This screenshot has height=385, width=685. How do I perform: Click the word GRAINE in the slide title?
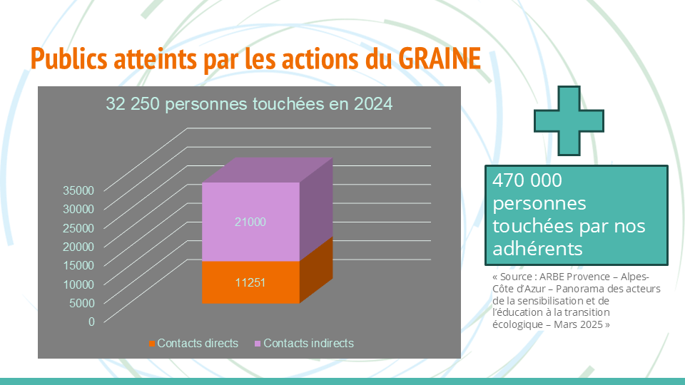pyautogui.click(x=440, y=58)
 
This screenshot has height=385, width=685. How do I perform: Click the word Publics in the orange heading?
pyautogui.click(x=68, y=58)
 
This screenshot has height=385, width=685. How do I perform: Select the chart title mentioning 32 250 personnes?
pyautogui.click(x=249, y=104)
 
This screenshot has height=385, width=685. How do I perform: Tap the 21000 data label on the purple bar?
pyautogui.click(x=250, y=222)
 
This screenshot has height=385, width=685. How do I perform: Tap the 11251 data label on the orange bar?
pyautogui.click(x=250, y=283)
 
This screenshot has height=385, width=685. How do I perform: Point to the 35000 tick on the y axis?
pyautogui.click(x=78, y=191)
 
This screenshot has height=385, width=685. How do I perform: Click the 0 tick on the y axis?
pyautogui.click(x=91, y=322)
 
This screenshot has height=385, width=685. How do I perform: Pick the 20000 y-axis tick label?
pyautogui.click(x=78, y=247)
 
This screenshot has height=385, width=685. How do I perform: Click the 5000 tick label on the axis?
pyautogui.click(x=82, y=303)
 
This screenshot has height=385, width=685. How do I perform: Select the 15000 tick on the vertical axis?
pyautogui.click(x=78, y=265)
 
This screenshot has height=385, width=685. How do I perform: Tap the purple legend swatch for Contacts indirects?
pyautogui.click(x=258, y=344)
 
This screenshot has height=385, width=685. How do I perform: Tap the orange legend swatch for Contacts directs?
pyautogui.click(x=151, y=344)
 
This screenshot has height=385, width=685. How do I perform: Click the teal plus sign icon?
pyautogui.click(x=569, y=121)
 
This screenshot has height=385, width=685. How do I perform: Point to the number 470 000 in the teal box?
pyautogui.click(x=527, y=180)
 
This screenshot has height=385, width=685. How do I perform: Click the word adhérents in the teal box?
pyautogui.click(x=537, y=249)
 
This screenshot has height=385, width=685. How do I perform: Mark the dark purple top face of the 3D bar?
pyautogui.click(x=268, y=170)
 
